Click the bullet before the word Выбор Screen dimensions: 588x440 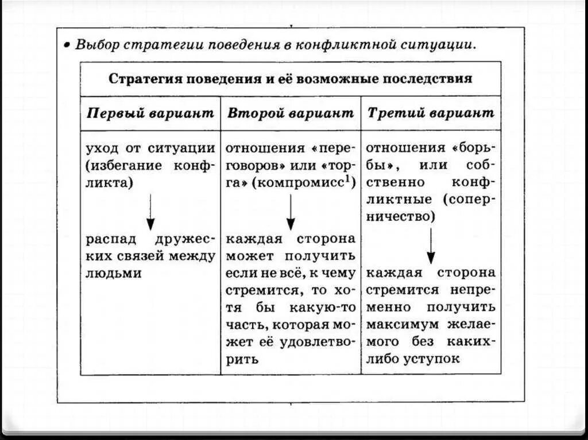pyautogui.click(x=67, y=44)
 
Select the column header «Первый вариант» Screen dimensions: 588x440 pyautogui.click(x=150, y=112)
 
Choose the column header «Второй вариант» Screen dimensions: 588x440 pyautogui.click(x=291, y=112)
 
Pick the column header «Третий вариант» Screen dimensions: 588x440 pyautogui.click(x=431, y=112)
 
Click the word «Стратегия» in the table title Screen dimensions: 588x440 pyautogui.click(x=144, y=79)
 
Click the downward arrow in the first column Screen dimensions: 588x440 pyautogui.click(x=150, y=212)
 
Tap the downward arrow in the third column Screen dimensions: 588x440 pyautogui.click(x=431, y=246)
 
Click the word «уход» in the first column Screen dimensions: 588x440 pyautogui.click(x=101, y=149)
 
